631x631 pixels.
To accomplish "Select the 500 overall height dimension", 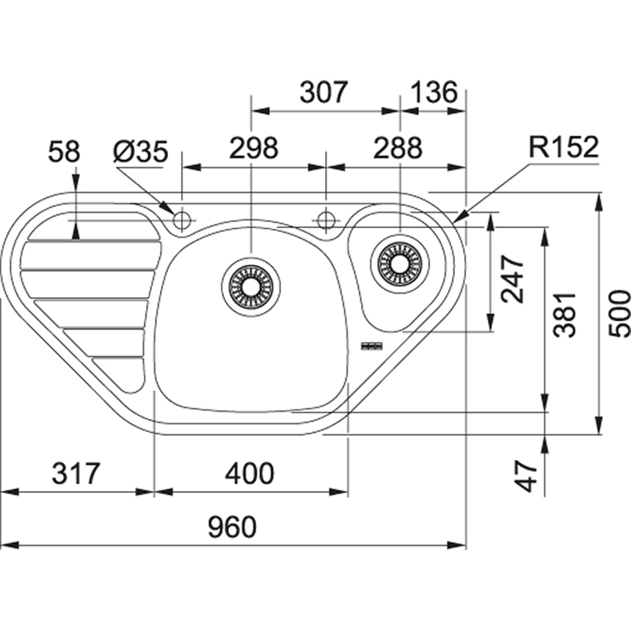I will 620,313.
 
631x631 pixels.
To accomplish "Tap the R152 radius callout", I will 563,148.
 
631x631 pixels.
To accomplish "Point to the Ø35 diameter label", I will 141,152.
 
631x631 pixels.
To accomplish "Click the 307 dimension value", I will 323,93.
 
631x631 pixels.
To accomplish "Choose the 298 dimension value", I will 253,149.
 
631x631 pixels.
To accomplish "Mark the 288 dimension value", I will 398,149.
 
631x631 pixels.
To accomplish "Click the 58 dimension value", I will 64,152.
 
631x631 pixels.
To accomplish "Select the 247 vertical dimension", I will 513,279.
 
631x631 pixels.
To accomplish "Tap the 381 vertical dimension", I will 565,313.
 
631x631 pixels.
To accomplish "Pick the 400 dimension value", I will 249,473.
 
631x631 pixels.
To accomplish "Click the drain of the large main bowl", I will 250,282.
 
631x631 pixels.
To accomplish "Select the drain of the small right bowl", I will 399,263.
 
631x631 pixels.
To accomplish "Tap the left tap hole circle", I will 181,219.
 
